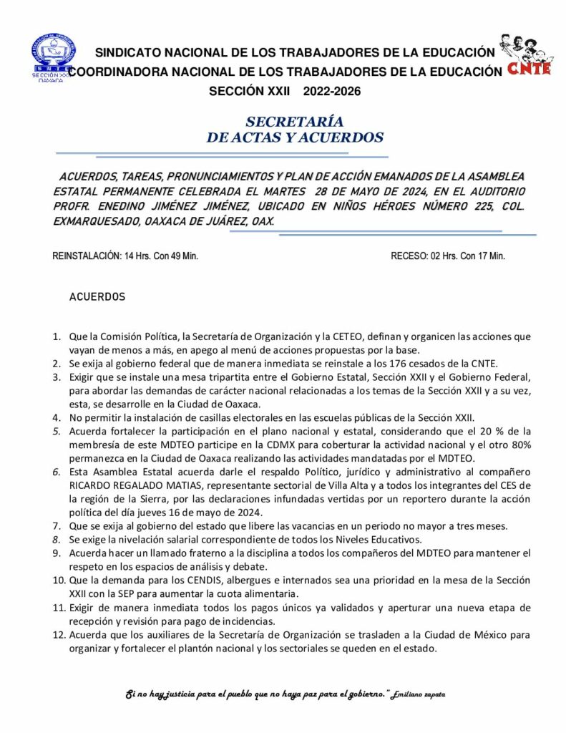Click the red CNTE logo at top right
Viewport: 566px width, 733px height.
coord(528,55)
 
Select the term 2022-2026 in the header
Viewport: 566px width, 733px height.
coord(332,92)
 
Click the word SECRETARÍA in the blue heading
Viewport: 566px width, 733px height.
coord(294,122)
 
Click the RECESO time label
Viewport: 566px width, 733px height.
coord(447,256)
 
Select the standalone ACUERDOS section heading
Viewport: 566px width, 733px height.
coord(97,296)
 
